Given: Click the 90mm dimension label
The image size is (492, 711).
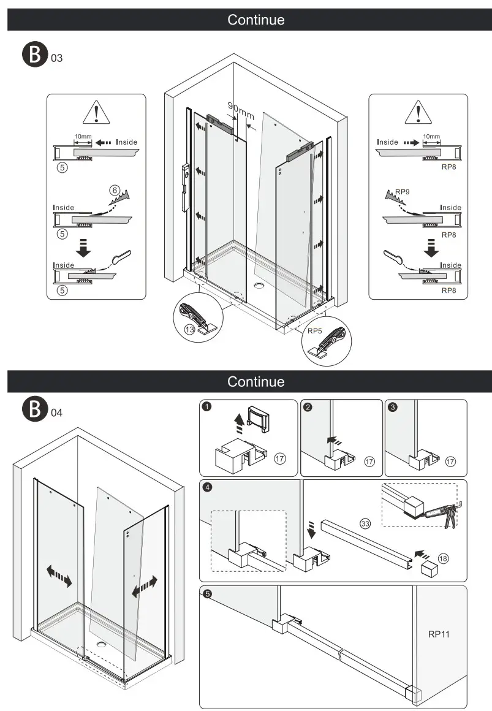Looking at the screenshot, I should (241, 110).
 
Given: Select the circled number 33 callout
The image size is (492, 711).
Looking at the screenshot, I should (365, 523).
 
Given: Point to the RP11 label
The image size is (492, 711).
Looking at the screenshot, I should (439, 634).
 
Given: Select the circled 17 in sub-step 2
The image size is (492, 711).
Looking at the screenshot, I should (369, 462).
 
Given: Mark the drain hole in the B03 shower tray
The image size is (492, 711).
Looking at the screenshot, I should (259, 284).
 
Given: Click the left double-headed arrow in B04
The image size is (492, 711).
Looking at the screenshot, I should (59, 576).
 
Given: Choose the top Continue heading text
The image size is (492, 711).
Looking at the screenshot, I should (255, 20).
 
